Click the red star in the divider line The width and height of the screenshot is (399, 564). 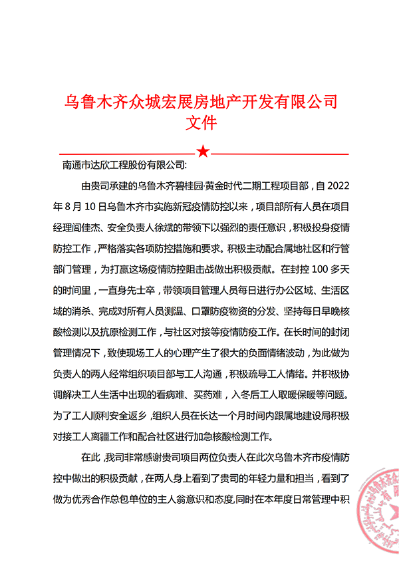203,152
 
